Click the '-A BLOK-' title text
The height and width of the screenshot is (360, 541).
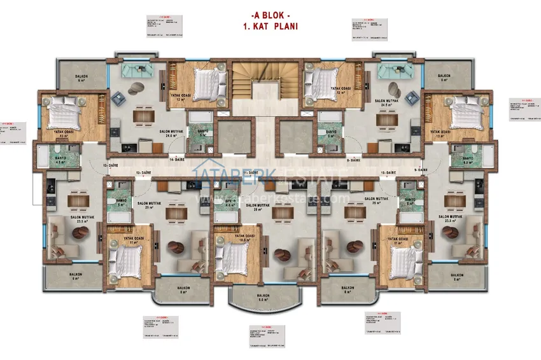pyautogui.click(x=270, y=15)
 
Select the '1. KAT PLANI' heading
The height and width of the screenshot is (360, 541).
pyautogui.click(x=270, y=27)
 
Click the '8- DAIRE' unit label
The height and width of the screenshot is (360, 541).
pyautogui.click(x=354, y=160)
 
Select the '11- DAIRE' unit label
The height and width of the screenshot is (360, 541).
pyautogui.click(x=255, y=172)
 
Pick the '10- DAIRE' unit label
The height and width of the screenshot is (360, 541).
pyautogui.click(x=390, y=172)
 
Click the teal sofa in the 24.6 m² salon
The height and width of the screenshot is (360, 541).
pyautogui.click(x=137, y=70)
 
